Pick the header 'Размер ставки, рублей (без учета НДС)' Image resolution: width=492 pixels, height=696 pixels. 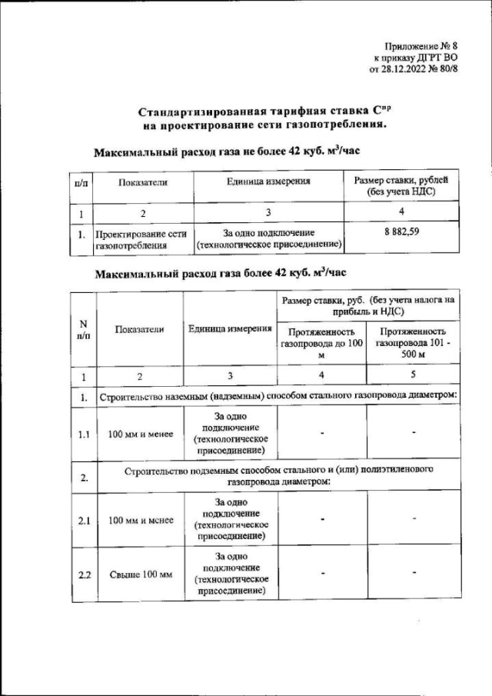click(x=395, y=185)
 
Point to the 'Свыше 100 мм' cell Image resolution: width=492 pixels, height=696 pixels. click(x=140, y=574)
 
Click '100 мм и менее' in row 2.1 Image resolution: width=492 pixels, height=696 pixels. click(x=140, y=521)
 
